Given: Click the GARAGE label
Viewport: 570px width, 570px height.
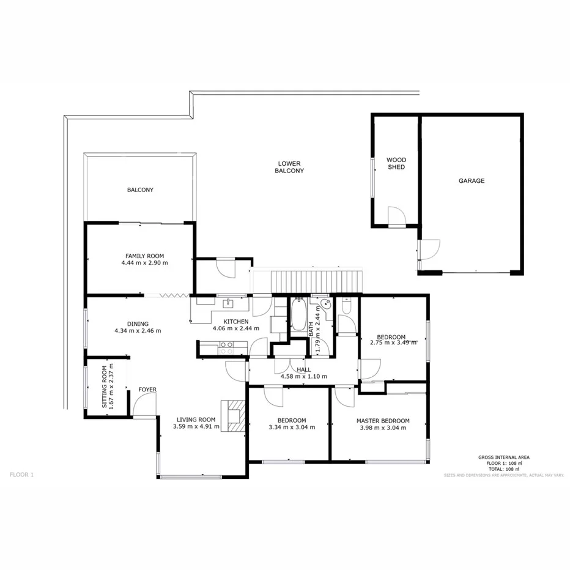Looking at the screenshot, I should (472, 180).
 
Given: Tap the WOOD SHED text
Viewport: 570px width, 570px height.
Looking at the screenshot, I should (396, 163).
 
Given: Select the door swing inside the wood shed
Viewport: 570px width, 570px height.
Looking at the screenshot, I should (396, 215).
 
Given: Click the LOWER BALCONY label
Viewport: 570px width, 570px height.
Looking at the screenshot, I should (289, 167).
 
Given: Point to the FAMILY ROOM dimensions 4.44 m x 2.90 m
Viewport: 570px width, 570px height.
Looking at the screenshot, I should (144, 263).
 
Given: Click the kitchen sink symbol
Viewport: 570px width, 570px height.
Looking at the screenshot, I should (229, 302).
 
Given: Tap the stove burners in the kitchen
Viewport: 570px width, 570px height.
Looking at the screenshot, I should (226, 348).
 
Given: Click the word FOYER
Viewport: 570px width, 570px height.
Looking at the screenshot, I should (147, 390).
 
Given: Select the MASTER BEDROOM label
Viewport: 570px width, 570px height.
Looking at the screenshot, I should (383, 421).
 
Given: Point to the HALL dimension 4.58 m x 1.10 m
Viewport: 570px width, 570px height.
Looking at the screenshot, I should (304, 377).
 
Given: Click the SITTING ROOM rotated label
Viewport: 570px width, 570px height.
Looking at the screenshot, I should (105, 387).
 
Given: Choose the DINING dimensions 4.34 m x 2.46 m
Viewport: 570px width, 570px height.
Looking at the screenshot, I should (138, 331).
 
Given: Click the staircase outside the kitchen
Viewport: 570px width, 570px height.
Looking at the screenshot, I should (316, 281).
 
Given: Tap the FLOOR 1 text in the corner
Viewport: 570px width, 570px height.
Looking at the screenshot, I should (22, 474).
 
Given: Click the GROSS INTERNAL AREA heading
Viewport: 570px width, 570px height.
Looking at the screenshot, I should (504, 457).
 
